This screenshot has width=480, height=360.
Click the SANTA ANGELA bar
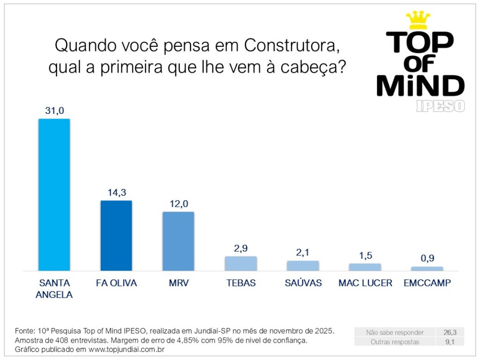tap(54, 195)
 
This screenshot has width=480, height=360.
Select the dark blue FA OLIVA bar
tap(116, 235)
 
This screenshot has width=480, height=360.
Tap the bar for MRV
tap(178, 241)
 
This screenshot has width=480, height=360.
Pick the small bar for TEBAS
tap(240, 263)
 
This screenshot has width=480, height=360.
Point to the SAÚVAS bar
tap(303, 266)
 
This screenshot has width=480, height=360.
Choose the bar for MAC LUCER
tap(365, 267)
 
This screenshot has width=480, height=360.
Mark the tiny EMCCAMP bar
tap(427, 269)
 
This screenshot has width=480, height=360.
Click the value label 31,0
tap(54, 111)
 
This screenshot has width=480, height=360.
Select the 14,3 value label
tap(116, 193)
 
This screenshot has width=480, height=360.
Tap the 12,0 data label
tap(178, 204)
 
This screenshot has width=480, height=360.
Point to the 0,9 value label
tap(427, 259)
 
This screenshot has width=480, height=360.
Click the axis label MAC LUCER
tap(365, 283)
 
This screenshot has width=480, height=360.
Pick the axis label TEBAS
tap(240, 283)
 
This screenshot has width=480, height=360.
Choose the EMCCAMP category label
tap(427, 283)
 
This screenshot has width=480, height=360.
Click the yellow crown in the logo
tap(418, 19)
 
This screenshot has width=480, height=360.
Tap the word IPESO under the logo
tap(440, 106)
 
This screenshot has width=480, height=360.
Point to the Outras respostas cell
tap(395, 342)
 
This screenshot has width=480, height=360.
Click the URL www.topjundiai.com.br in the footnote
tap(126, 350)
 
